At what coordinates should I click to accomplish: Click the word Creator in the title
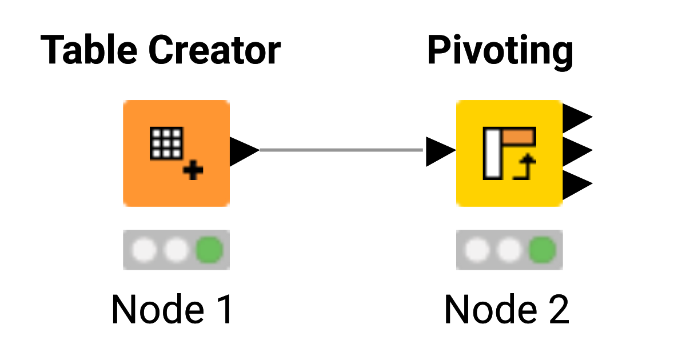214,50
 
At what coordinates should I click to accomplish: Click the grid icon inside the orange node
166,143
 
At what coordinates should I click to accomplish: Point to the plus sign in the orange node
195,171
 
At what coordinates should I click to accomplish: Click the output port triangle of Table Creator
244,151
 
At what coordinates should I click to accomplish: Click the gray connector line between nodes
341,150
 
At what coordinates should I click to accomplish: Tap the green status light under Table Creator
209,250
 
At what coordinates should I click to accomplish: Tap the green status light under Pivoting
542,250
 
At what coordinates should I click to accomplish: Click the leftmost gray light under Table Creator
143,250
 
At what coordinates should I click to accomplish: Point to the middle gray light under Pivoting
509,250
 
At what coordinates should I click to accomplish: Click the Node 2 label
506,310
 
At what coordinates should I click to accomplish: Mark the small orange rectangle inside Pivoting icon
519,135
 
